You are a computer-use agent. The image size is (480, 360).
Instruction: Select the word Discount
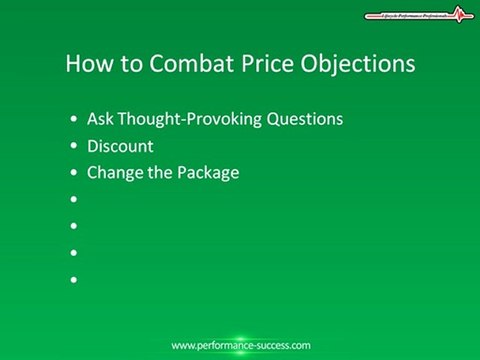coord(119,146)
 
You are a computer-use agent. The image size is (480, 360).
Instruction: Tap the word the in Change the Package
coord(159,173)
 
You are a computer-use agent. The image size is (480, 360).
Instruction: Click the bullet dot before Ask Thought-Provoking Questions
coord(75,120)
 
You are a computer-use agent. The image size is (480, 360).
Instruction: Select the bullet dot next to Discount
coord(75,147)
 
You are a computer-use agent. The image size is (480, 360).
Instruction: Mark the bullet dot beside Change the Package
coord(75,174)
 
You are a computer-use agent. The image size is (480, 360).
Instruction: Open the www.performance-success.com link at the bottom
coord(240,345)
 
